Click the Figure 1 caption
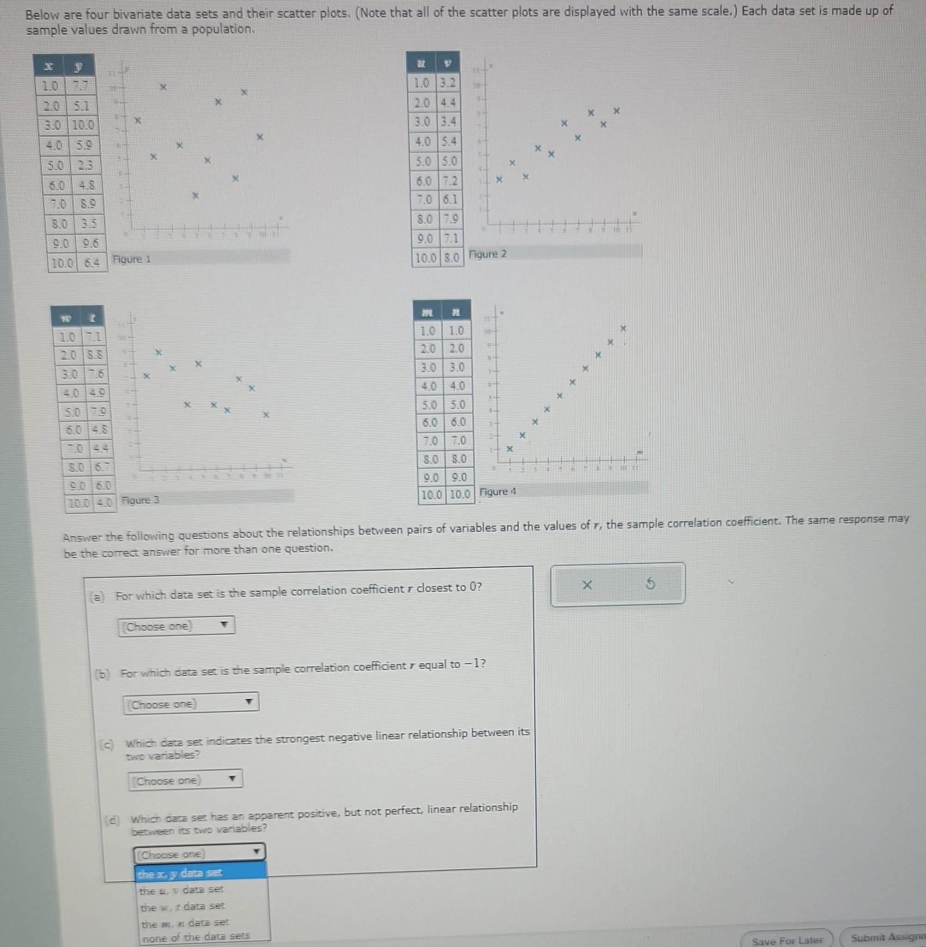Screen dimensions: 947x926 (132, 259)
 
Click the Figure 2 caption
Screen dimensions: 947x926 (488, 254)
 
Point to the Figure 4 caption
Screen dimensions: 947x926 (497, 492)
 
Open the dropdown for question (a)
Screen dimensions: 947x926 (177, 626)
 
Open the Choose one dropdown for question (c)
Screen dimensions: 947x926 (185, 781)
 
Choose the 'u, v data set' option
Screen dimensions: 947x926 (181, 890)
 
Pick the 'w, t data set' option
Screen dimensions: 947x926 (182, 906)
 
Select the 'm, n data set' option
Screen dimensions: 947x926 (185, 922)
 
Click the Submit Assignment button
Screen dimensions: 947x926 (888, 937)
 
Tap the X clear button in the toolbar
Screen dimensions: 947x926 (587, 585)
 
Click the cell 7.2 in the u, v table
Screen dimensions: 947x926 (449, 181)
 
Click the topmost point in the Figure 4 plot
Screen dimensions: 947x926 (624, 329)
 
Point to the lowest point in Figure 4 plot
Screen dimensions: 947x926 (509, 449)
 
